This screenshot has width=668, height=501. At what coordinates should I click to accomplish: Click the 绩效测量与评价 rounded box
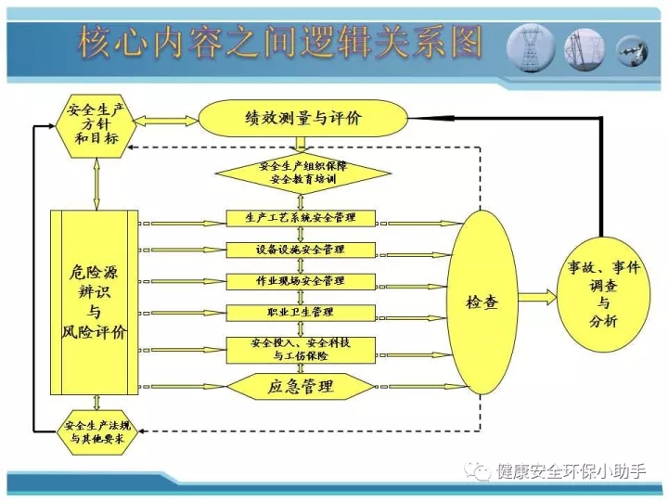(303, 119)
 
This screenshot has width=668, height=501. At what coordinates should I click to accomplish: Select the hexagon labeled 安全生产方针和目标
(96, 125)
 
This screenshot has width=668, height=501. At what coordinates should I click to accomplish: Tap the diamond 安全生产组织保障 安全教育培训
(302, 173)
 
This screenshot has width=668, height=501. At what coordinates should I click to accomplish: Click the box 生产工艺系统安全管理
(301, 218)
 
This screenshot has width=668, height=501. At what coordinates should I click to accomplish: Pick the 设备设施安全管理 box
(301, 250)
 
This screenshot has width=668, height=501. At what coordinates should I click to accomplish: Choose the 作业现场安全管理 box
(301, 282)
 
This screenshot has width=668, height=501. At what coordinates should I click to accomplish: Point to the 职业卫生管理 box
(301, 314)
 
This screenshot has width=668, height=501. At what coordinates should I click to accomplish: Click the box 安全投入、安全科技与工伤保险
(301, 350)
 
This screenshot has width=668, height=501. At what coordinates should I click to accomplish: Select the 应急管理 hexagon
(301, 386)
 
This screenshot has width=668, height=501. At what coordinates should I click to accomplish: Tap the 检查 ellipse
(482, 302)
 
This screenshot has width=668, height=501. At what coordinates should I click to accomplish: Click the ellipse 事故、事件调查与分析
(604, 294)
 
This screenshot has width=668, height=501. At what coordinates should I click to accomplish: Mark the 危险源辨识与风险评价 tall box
(95, 302)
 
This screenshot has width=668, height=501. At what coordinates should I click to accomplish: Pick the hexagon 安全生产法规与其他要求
(97, 431)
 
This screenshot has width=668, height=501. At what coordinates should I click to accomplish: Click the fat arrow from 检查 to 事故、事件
(537, 297)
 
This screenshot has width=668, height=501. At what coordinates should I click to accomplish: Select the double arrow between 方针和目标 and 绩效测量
(167, 121)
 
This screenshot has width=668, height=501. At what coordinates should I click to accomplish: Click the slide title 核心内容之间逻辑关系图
(280, 43)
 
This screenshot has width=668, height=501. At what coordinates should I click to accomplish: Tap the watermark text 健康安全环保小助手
(572, 471)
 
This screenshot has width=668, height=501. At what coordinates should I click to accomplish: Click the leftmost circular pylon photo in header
(531, 48)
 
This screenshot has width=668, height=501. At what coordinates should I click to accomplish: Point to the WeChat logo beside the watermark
(478, 471)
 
